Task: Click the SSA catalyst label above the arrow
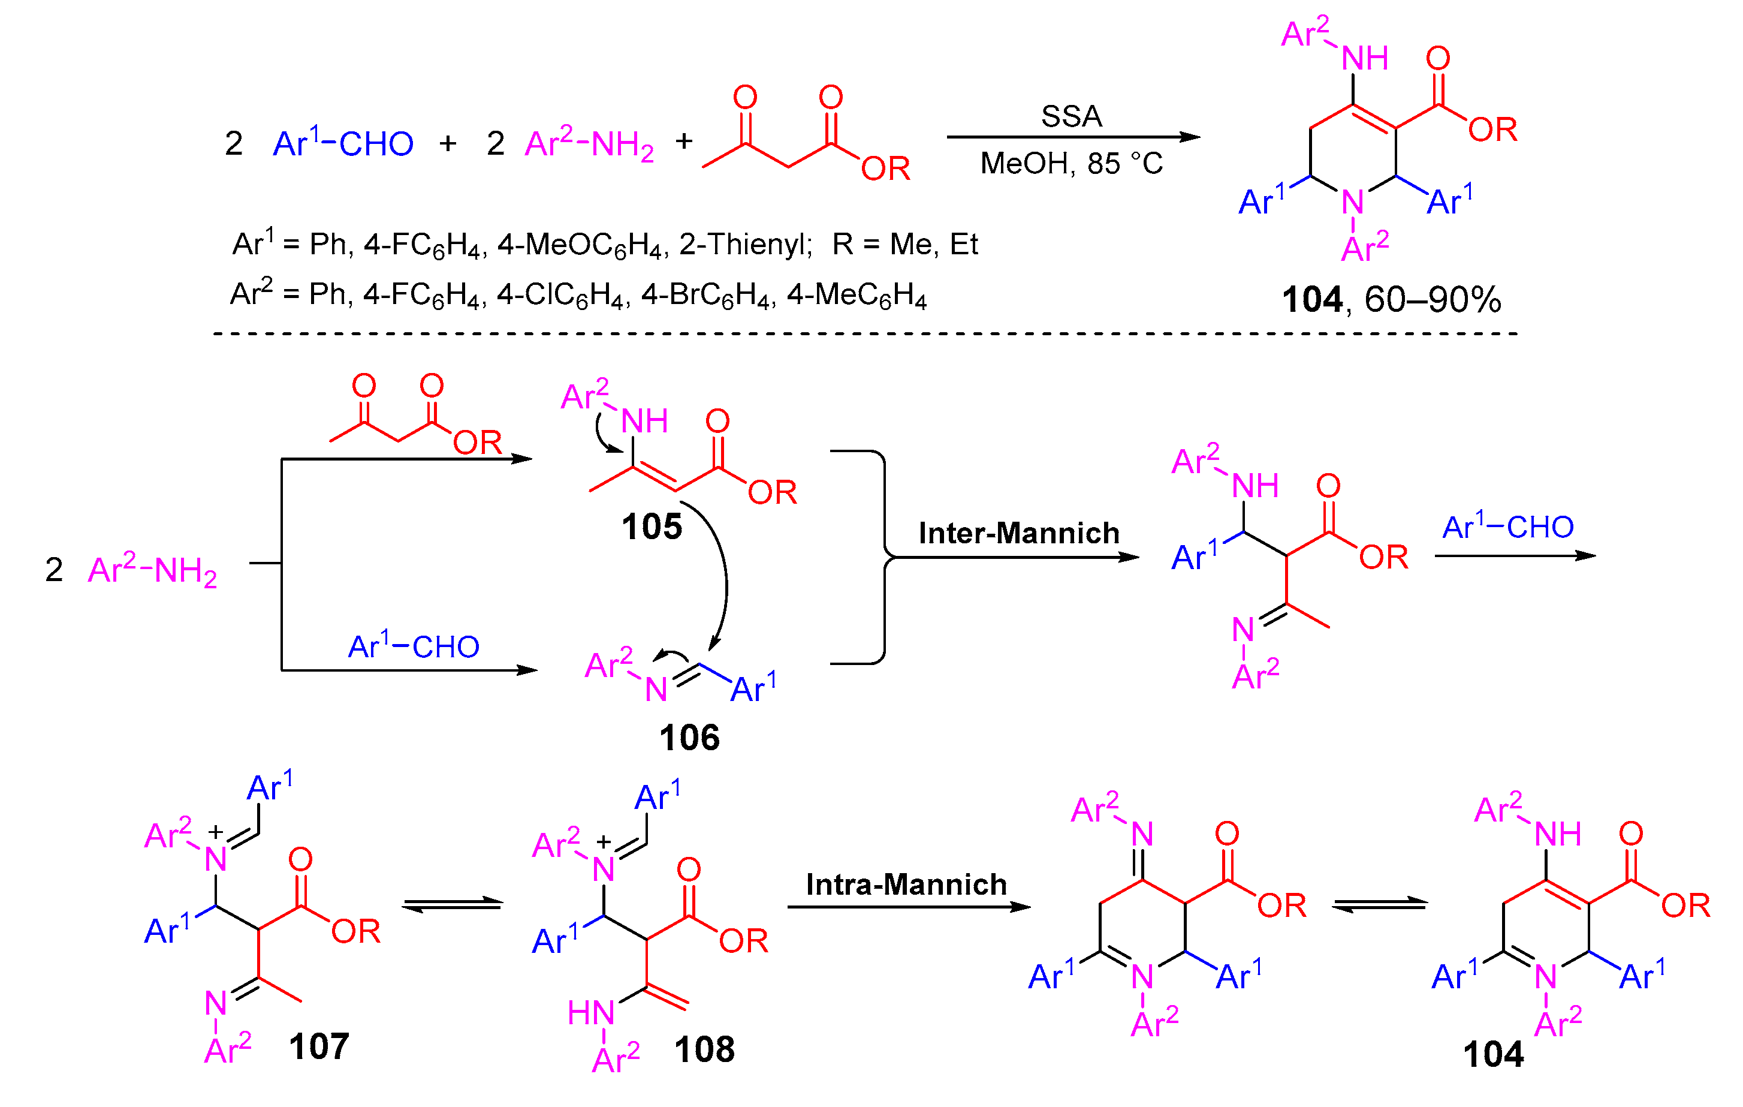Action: [x=1071, y=116]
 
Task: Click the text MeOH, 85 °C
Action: [x=1071, y=164]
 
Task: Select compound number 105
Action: [x=652, y=527]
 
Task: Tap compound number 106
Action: [x=689, y=738]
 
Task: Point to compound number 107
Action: [x=318, y=1046]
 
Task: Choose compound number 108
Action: [x=704, y=1049]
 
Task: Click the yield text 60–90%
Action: [x=1432, y=300]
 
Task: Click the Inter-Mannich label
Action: [x=1018, y=534]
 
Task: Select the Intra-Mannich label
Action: [x=906, y=885]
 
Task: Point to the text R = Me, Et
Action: [x=905, y=245]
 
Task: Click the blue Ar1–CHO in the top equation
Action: [x=343, y=143]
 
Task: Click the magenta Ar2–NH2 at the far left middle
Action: [x=152, y=570]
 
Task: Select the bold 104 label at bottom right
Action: [x=1492, y=1054]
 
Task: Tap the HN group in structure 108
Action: [x=590, y=1013]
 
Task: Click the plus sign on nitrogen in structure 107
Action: [x=215, y=832]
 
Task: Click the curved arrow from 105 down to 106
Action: [x=724, y=579]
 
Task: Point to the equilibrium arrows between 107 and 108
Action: [x=453, y=905]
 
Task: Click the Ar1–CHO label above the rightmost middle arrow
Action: [x=1508, y=527]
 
